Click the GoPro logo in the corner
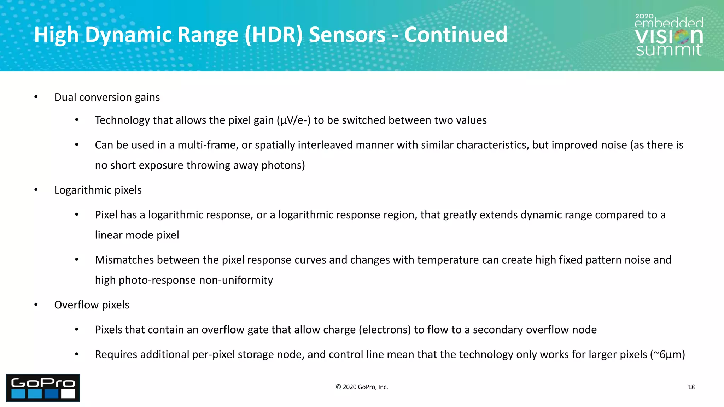[43, 388]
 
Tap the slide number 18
[691, 387]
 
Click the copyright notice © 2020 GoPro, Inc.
[362, 387]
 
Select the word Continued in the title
[456, 35]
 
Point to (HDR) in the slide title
[274, 35]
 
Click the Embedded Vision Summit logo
[668, 35]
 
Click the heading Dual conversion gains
[107, 97]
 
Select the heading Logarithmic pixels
[98, 190]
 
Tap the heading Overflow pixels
[92, 305]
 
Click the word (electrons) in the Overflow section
[385, 330]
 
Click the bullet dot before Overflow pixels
[36, 305]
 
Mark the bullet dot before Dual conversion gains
[36, 97]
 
